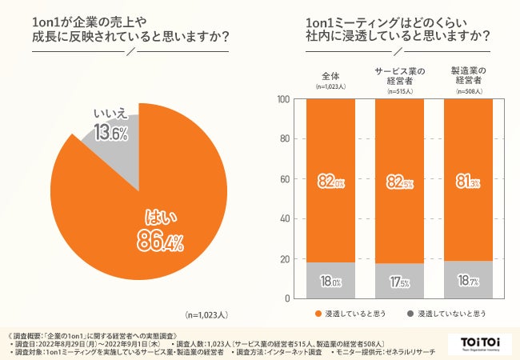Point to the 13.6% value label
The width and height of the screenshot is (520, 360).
click(110, 135)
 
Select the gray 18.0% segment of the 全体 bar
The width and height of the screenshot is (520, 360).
click(331, 281)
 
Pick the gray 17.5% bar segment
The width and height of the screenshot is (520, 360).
click(399, 281)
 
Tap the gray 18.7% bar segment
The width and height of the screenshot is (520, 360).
click(466, 280)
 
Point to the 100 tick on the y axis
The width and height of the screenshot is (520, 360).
click(281, 99)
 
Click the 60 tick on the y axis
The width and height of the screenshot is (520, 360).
click(283, 179)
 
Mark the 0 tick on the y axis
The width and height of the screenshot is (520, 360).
click(286, 298)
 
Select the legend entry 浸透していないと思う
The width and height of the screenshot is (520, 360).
click(447, 314)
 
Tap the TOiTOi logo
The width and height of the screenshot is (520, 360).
click(479, 343)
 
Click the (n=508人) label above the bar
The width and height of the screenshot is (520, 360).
click(466, 91)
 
